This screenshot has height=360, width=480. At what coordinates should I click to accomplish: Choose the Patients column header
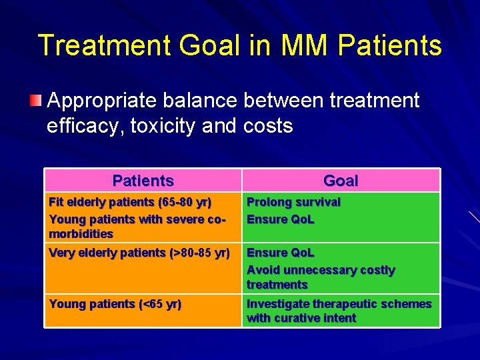coord(143,181)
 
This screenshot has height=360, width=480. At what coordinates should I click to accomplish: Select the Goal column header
coord(340,181)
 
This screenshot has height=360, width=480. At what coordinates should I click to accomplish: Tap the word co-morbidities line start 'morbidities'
coord(81,234)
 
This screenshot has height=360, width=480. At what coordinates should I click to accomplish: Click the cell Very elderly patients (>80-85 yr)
coord(139,253)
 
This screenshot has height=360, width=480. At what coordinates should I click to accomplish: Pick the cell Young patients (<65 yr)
coord(115,304)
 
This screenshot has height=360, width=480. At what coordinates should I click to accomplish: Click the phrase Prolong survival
coord(293,202)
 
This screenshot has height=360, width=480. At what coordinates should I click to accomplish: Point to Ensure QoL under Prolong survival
coord(280,219)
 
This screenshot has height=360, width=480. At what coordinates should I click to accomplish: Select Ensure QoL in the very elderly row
coord(280,253)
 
